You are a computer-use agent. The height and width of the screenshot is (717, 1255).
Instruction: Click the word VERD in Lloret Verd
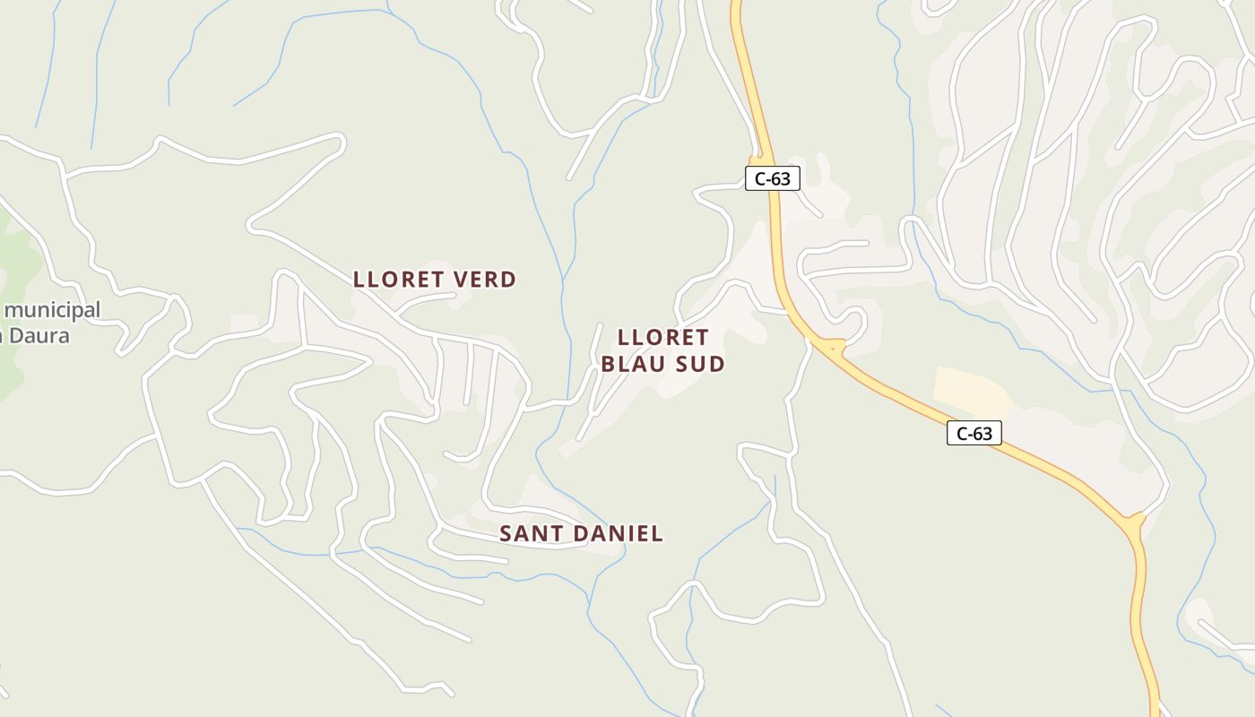[x=486, y=280]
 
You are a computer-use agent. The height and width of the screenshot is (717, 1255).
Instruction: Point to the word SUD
[x=701, y=364]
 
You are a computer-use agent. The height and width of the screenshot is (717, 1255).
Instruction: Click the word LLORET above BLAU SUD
[x=663, y=338]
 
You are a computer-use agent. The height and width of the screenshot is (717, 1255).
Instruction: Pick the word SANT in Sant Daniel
[x=529, y=534]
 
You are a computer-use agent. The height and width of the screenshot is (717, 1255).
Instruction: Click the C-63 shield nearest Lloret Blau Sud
[x=772, y=178]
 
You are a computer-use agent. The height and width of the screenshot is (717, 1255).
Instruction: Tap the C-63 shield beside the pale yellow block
[x=974, y=434]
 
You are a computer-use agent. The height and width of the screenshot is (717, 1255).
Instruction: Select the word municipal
[x=53, y=310]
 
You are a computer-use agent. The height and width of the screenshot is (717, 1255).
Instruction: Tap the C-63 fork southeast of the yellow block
[x=1134, y=521]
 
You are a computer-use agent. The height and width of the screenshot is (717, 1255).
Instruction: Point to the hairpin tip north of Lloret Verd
[x=339, y=140]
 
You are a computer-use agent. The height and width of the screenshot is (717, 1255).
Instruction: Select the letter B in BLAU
[x=609, y=364]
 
